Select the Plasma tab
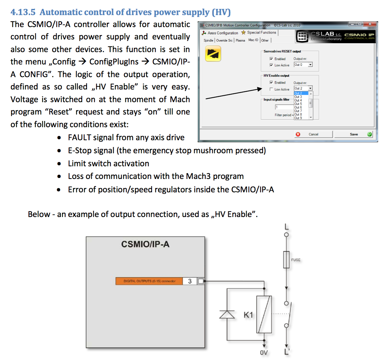click(x=241, y=40)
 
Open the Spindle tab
click(x=209, y=40)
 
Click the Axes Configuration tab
click(x=220, y=33)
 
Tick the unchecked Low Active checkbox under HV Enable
click(x=271, y=89)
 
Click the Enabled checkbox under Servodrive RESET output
click(x=271, y=59)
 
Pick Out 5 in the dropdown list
click(x=298, y=104)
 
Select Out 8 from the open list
click(x=298, y=115)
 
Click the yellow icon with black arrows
click(x=213, y=54)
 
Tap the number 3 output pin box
click(x=189, y=281)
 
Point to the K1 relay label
click(x=248, y=314)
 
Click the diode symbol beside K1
click(x=226, y=314)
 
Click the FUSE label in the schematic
click(x=296, y=260)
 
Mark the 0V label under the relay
click(x=263, y=352)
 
